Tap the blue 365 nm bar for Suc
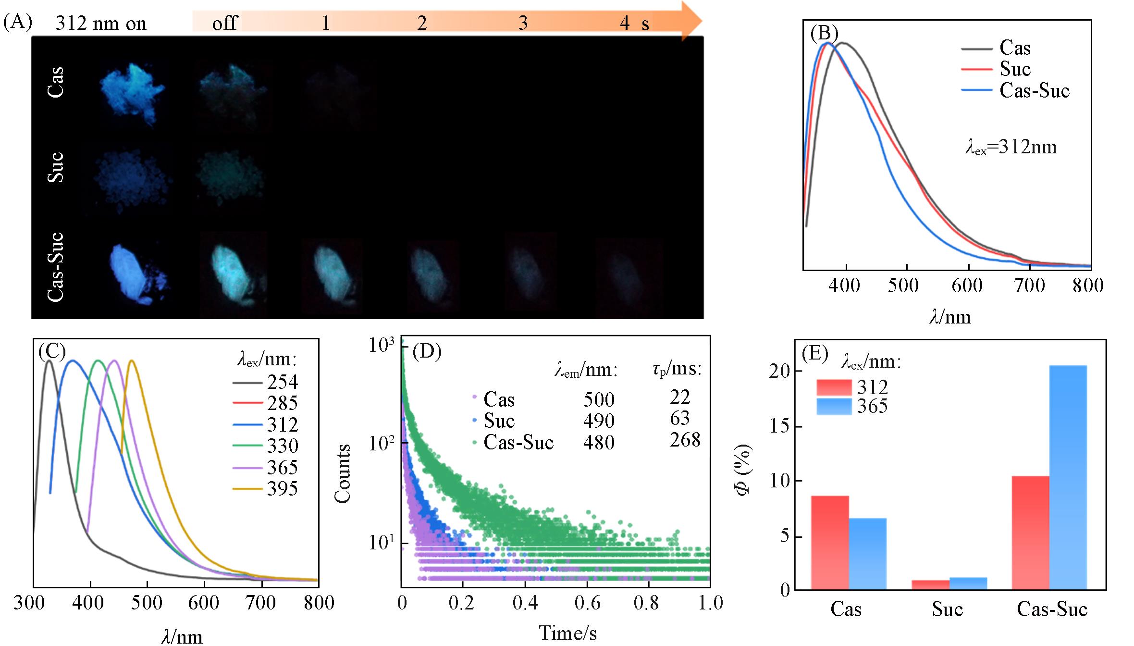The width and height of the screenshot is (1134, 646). click(968, 583)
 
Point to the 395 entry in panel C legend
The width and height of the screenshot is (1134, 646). click(282, 489)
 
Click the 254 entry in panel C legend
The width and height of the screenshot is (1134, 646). click(282, 382)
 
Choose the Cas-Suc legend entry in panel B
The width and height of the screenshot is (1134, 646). click(1035, 91)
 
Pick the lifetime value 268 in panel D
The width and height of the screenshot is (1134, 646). click(685, 440)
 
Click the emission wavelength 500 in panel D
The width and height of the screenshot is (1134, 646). click(599, 400)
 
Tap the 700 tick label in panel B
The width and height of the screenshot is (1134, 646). click(1029, 286)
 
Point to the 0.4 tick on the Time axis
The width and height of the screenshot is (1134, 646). click(525, 603)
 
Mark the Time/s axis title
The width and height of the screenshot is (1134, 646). click(567, 633)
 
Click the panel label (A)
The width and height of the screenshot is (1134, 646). click(18, 22)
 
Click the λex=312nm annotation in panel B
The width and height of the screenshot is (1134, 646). click(1011, 147)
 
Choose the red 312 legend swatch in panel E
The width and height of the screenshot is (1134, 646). click(834, 387)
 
